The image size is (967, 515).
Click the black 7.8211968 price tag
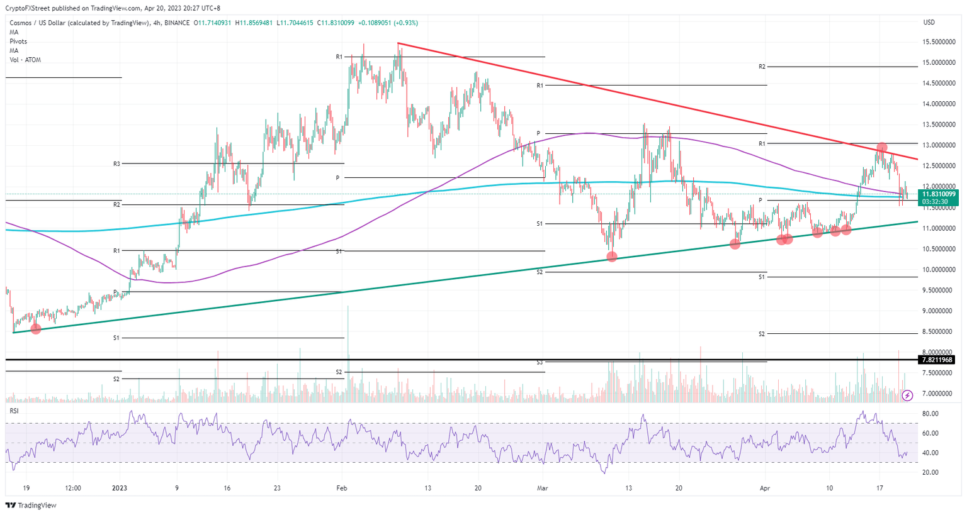(937, 360)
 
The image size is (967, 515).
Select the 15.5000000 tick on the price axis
(938, 42)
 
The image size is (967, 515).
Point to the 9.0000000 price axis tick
(938, 311)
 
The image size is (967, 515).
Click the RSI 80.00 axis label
(930, 413)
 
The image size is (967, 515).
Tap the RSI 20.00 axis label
(930, 472)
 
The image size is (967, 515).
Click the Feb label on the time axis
(342, 488)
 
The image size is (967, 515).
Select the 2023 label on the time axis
(119, 488)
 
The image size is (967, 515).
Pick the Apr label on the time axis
(764, 488)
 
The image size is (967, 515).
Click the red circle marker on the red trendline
(882, 148)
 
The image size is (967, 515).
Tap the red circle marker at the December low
(35, 329)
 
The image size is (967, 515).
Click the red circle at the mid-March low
(612, 257)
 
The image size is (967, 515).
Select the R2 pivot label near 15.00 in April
(762, 66)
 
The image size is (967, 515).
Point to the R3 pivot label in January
(116, 163)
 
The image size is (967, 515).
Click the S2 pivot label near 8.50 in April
(762, 334)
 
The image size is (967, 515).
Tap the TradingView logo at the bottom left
(31, 506)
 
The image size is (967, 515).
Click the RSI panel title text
(14, 410)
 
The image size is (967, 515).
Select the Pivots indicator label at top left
(18, 42)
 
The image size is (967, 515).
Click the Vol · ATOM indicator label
(25, 60)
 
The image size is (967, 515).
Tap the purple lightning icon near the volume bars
(907, 396)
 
